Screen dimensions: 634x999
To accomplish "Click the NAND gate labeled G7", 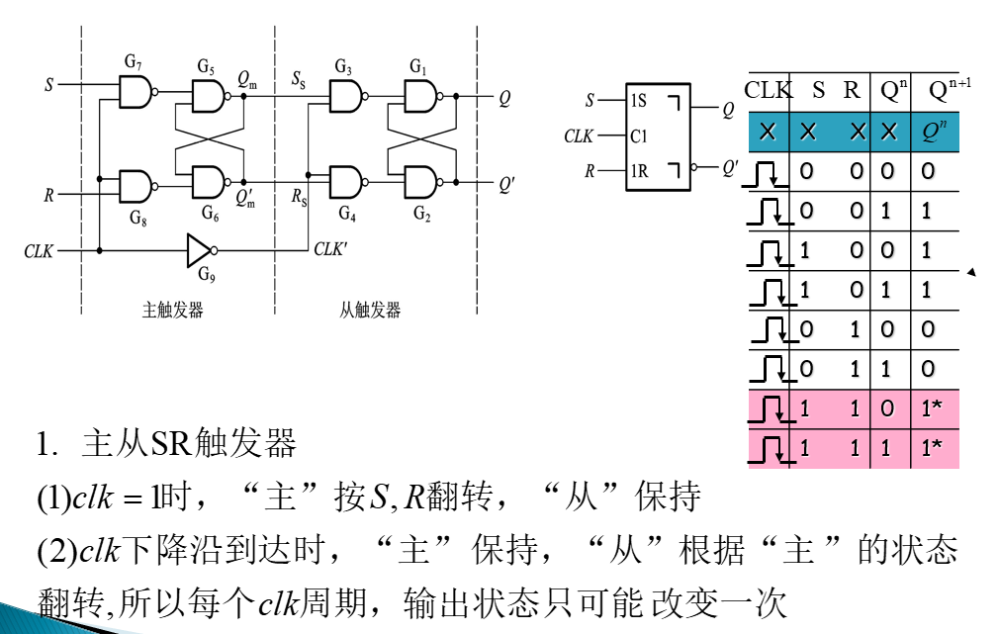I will (136, 93).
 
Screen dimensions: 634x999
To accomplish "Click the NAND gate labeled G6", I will (209, 181).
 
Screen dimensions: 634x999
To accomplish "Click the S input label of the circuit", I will (48, 85).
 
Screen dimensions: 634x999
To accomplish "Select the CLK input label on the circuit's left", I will (39, 252).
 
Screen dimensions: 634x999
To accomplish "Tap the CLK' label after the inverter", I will (330, 250).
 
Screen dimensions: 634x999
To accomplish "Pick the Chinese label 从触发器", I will (370, 311).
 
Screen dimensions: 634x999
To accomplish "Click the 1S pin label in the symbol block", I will (638, 101).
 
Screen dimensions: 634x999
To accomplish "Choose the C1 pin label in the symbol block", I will (638, 136).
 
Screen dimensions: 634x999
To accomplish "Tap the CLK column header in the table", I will (768, 90).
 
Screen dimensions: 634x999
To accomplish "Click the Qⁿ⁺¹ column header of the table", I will (948, 90).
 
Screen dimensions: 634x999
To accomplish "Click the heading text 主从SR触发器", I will (189, 444).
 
